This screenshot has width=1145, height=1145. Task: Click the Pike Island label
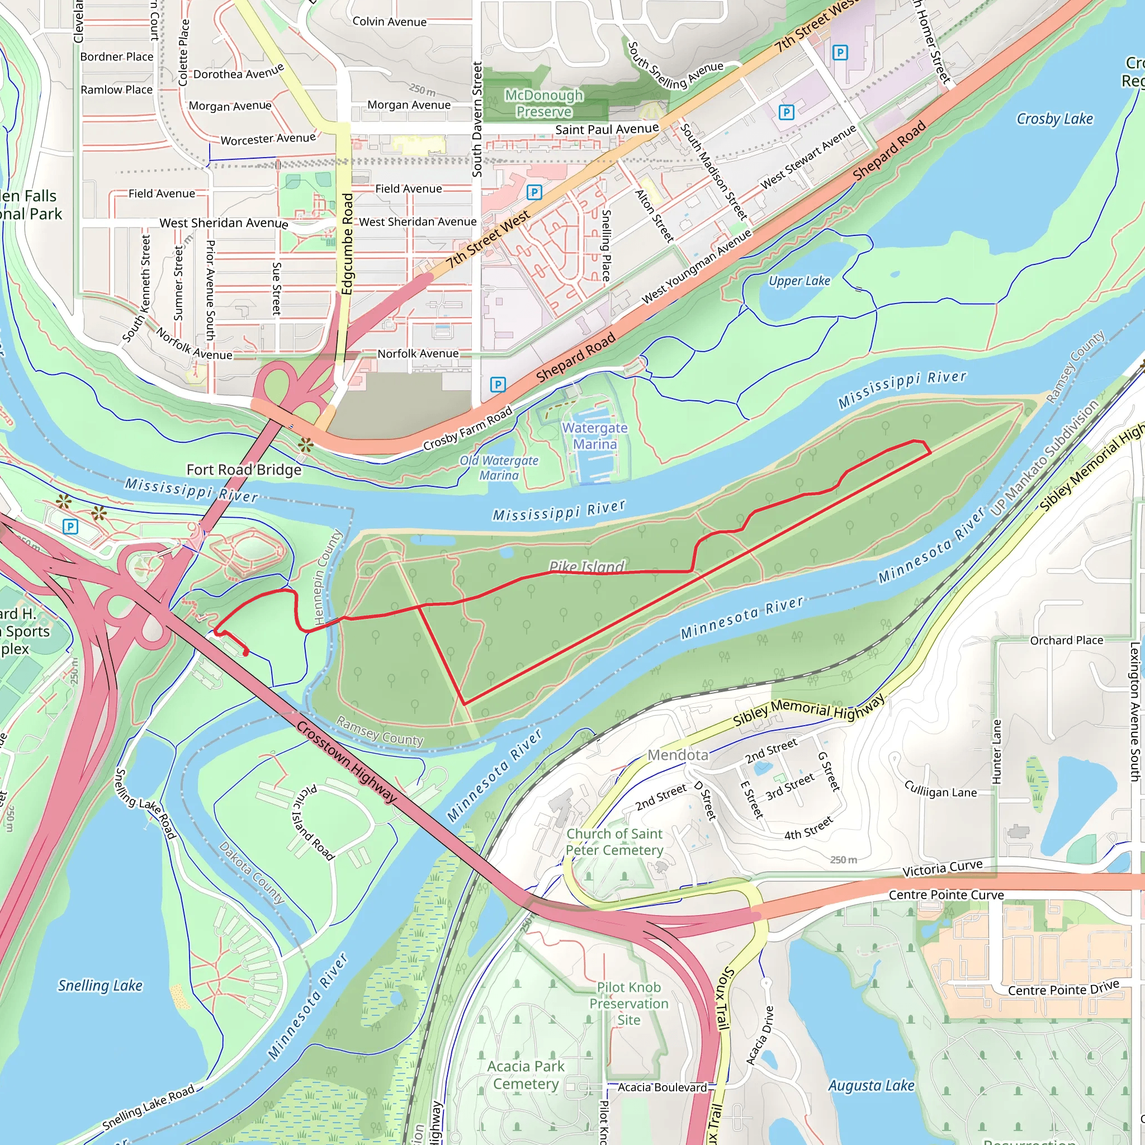[586, 567]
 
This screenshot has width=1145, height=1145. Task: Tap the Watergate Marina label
[594, 436]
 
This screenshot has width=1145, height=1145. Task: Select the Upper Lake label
[799, 281]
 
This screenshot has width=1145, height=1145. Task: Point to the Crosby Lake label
[1054, 119]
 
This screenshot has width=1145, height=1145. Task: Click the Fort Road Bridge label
[244, 470]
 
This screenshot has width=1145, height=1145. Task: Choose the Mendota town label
[678, 755]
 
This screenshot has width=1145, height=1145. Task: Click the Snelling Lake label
[100, 986]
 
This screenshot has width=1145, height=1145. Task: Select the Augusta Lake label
[870, 1086]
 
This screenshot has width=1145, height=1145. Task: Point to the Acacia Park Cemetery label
[526, 1075]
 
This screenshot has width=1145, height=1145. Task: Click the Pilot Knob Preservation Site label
[628, 1004]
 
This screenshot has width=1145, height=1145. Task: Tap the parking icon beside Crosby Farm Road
[498, 385]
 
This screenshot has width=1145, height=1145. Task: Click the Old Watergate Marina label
[499, 467]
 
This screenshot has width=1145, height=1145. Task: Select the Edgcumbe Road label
[347, 243]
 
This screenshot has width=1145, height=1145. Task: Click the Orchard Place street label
[1066, 640]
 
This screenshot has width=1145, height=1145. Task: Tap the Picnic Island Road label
[313, 822]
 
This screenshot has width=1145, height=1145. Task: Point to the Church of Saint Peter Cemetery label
[614, 841]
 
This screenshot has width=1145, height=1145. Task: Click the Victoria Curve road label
[942, 868]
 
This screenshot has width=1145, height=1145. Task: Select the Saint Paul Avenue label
[606, 129]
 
